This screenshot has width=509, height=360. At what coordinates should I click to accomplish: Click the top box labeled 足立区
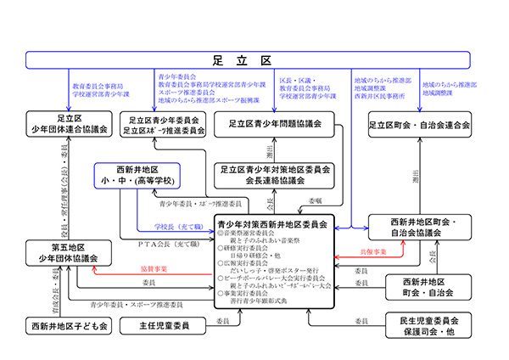coord(254,59)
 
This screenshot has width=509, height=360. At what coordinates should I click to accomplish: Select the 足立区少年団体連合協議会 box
coord(70,124)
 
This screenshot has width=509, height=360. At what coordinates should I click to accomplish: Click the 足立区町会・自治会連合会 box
coord(419,124)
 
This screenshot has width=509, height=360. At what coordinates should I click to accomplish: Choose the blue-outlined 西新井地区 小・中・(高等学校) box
coord(138,175)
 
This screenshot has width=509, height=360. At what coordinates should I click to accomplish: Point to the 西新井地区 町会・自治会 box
coord(428,286)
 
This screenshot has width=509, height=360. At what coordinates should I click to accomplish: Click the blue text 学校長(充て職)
coord(179,227)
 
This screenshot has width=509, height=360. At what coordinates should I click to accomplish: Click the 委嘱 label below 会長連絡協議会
coord(316,201)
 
